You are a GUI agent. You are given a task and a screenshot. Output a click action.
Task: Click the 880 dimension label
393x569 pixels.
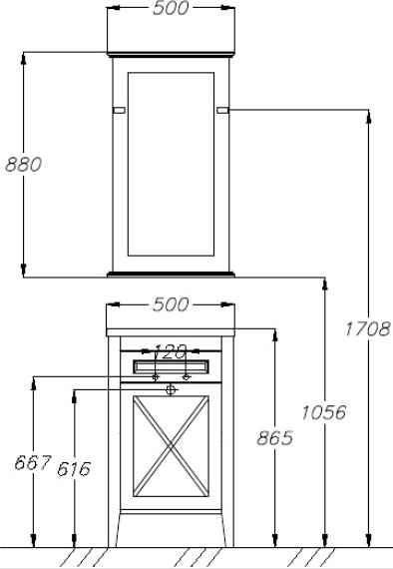pyautogui.click(x=24, y=164)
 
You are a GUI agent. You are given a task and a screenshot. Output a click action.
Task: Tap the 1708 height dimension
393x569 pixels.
pyautogui.click(x=367, y=328)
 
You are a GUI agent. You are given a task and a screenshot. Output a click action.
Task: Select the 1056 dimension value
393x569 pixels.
pyautogui.click(x=324, y=412)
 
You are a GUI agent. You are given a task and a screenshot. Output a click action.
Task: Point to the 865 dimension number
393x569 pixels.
pyautogui.click(x=274, y=437)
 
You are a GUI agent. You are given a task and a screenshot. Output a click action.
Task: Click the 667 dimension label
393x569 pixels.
pyautogui.click(x=33, y=462)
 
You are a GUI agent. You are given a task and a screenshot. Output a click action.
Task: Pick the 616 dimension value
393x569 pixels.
pyautogui.click(x=74, y=469)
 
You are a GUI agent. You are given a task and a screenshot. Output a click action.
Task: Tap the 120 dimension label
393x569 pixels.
pyautogui.click(x=171, y=351)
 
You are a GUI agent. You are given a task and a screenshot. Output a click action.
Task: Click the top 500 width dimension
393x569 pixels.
pyautogui.click(x=171, y=8)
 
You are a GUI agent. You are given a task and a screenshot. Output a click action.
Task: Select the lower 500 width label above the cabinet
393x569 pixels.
pyautogui.click(x=171, y=304)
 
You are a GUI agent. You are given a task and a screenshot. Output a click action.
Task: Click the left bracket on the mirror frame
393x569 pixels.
pyautogui.click(x=119, y=110)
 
